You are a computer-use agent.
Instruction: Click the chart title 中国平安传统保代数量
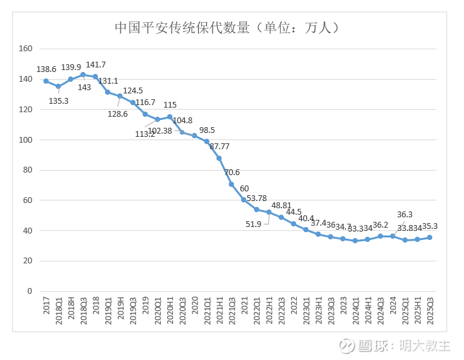click(227, 28)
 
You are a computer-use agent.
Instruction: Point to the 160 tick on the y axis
click(26, 49)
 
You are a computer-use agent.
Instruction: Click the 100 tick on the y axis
click(26, 139)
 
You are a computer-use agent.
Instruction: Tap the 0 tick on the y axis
click(29, 291)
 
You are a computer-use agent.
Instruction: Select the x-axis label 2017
click(47, 307)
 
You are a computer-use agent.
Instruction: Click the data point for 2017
click(46, 81)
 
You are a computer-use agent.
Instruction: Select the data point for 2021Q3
click(231, 184)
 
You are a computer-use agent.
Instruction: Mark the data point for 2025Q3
click(430, 237)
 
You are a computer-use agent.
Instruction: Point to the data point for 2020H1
click(170, 117)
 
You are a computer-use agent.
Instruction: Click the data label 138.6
click(47, 69)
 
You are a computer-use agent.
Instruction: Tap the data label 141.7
click(96, 65)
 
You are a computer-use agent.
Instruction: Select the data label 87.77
click(220, 146)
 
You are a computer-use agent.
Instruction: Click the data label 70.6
click(232, 173)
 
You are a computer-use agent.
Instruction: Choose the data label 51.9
click(254, 224)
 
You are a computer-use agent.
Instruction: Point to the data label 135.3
click(58, 101)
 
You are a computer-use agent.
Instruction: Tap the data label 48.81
click(281, 205)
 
